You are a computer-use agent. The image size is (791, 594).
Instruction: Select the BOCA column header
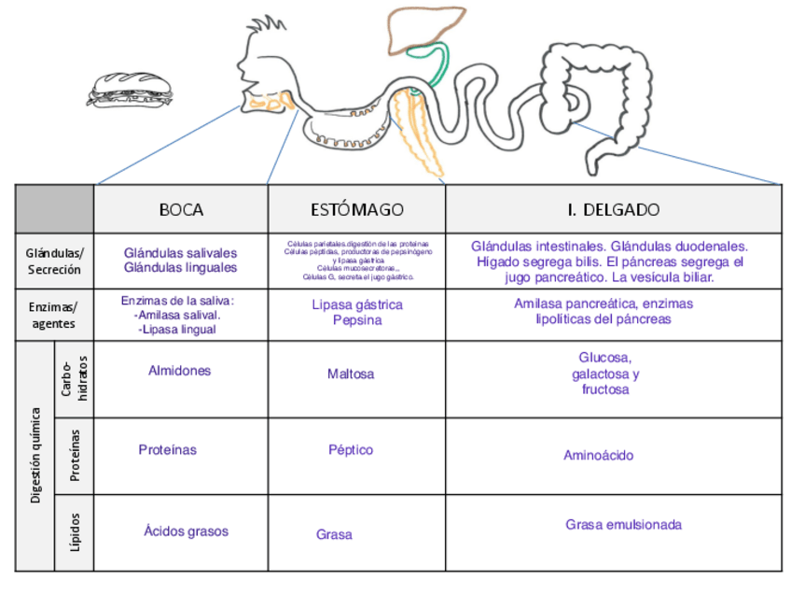[181, 209]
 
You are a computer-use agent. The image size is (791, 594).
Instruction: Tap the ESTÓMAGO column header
[357, 209]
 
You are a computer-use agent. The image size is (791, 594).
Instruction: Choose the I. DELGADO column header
[613, 209]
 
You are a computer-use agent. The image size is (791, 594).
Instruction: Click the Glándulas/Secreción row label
[54, 262]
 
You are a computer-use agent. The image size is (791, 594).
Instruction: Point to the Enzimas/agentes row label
[54, 315]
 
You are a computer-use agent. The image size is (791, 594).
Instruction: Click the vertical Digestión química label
[35, 455]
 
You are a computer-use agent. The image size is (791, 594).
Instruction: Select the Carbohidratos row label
[75, 378]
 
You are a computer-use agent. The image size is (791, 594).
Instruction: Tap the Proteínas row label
[75, 455]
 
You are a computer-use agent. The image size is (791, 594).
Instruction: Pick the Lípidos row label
[75, 532]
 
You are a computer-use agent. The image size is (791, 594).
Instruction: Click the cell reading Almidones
[180, 371]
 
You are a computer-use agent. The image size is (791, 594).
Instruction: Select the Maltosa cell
[351, 374]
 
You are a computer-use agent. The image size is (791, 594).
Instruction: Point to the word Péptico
[351, 450]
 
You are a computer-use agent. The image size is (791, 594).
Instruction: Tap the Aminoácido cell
[599, 456]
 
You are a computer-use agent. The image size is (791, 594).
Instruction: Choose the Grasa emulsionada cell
[623, 525]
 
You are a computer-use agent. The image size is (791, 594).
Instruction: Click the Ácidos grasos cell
[186, 531]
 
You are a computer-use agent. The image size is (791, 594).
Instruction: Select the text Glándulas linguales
[180, 268]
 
